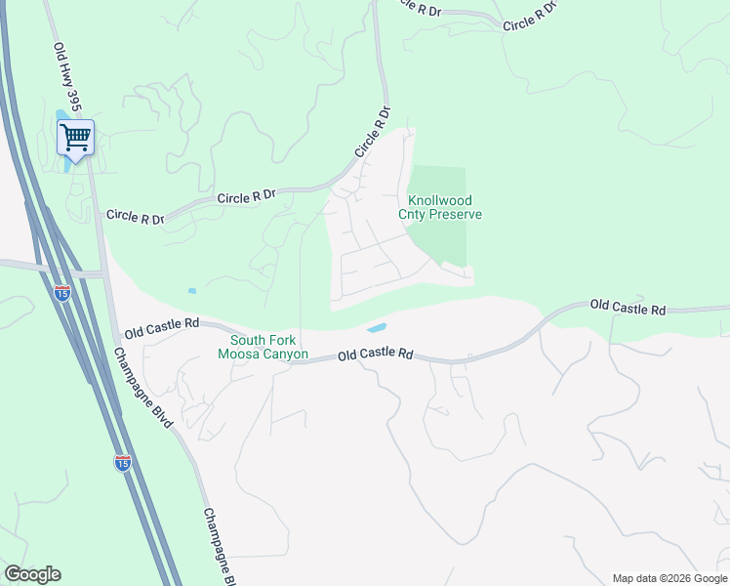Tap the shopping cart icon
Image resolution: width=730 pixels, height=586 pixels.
75,138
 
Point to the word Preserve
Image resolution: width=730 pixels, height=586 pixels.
460,215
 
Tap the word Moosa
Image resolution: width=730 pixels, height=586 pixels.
244,355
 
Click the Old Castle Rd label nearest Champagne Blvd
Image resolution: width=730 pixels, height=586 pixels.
162,322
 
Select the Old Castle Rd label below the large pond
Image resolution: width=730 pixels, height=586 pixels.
375,356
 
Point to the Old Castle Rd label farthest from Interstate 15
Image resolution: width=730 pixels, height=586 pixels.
628,309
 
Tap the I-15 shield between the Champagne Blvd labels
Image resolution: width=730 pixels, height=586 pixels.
122,463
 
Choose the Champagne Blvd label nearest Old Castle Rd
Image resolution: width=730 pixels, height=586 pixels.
142,388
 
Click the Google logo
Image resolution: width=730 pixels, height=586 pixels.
33,574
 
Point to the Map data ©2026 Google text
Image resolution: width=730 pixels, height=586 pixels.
669,578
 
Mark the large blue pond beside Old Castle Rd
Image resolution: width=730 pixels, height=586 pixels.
376,328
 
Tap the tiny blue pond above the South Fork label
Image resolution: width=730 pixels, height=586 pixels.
192,291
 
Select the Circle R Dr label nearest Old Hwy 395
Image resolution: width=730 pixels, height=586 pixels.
135,216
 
